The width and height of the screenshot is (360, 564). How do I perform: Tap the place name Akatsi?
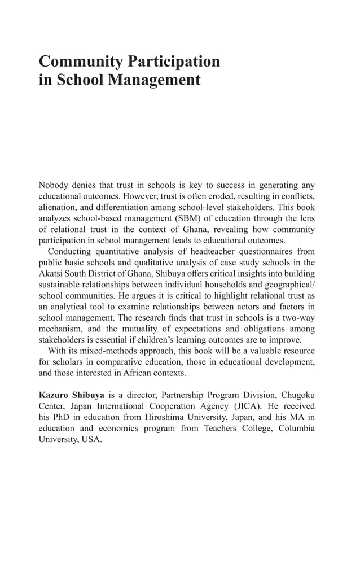(x=52, y=274)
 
